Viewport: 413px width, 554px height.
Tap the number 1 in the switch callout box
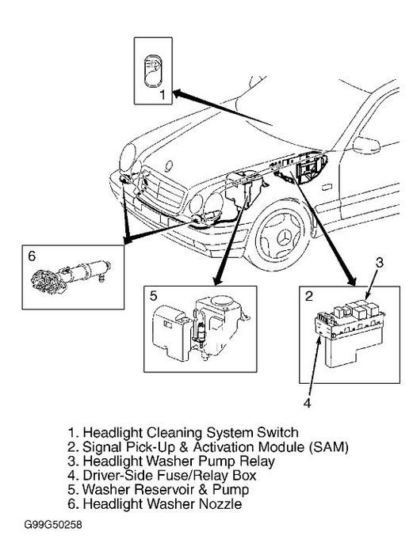(161, 94)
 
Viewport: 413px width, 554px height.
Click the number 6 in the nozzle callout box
(32, 256)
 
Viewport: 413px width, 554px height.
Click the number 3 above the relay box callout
(380, 262)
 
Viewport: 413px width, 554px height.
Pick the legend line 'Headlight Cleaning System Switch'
(182, 432)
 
